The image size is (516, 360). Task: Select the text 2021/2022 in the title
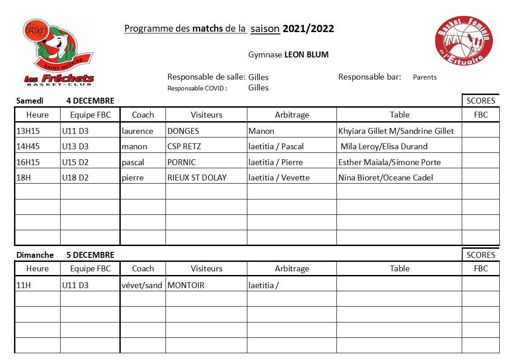tap(308, 29)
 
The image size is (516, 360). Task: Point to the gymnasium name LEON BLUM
tap(306, 55)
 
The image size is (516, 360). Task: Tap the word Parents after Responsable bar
tap(425, 77)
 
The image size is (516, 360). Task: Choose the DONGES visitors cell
tap(183, 131)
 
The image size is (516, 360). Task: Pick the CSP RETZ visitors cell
tap(184, 147)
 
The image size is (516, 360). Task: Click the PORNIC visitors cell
tap(182, 162)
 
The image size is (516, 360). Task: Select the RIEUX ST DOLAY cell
tap(197, 177)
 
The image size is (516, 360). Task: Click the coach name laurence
tap(137, 131)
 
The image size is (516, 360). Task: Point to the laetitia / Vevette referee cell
tap(279, 177)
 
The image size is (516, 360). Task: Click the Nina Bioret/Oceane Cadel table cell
tap(386, 177)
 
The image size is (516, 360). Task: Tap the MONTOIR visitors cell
tap(186, 285)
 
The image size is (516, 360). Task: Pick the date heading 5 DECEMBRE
tap(90, 255)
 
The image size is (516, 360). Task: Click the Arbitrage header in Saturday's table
tap(292, 115)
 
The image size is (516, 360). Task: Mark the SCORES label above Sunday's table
tap(481, 255)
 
